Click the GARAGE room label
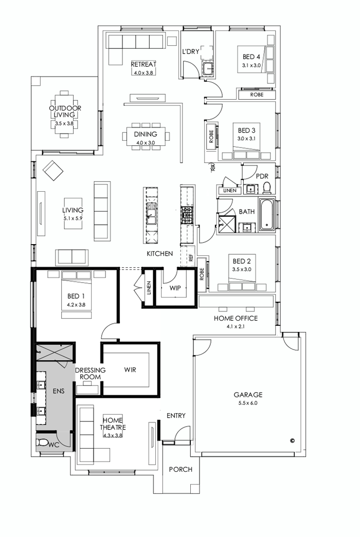point(248,395)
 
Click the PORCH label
point(181,469)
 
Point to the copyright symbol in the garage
point(292,440)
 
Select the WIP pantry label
point(175,288)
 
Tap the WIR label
point(130,369)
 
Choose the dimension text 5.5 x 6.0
point(248,403)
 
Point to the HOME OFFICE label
point(236,318)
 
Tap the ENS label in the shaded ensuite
point(58,392)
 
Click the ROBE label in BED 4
point(257,95)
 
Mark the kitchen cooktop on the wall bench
point(186,214)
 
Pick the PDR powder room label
point(262,176)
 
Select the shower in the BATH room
point(226,223)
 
